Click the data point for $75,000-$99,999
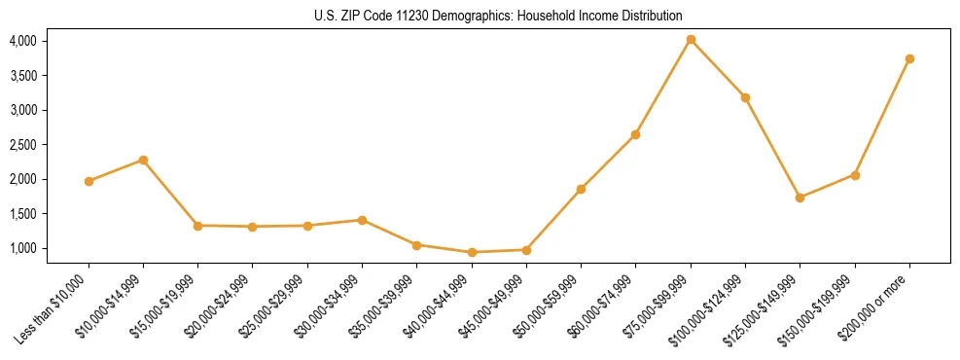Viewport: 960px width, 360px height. [x=691, y=40]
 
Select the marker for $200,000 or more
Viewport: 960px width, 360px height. [x=909, y=58]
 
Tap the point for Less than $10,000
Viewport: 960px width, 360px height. [x=89, y=181]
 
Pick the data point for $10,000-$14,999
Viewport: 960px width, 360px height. [x=143, y=160]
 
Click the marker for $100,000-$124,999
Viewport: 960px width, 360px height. [x=745, y=97]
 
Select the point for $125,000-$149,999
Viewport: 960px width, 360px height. [x=800, y=198]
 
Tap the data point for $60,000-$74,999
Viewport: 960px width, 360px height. [x=635, y=134]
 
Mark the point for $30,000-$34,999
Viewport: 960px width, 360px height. [x=362, y=220]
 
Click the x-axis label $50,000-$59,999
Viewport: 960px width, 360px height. [x=551, y=306]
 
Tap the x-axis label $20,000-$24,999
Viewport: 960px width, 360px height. [x=222, y=306]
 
